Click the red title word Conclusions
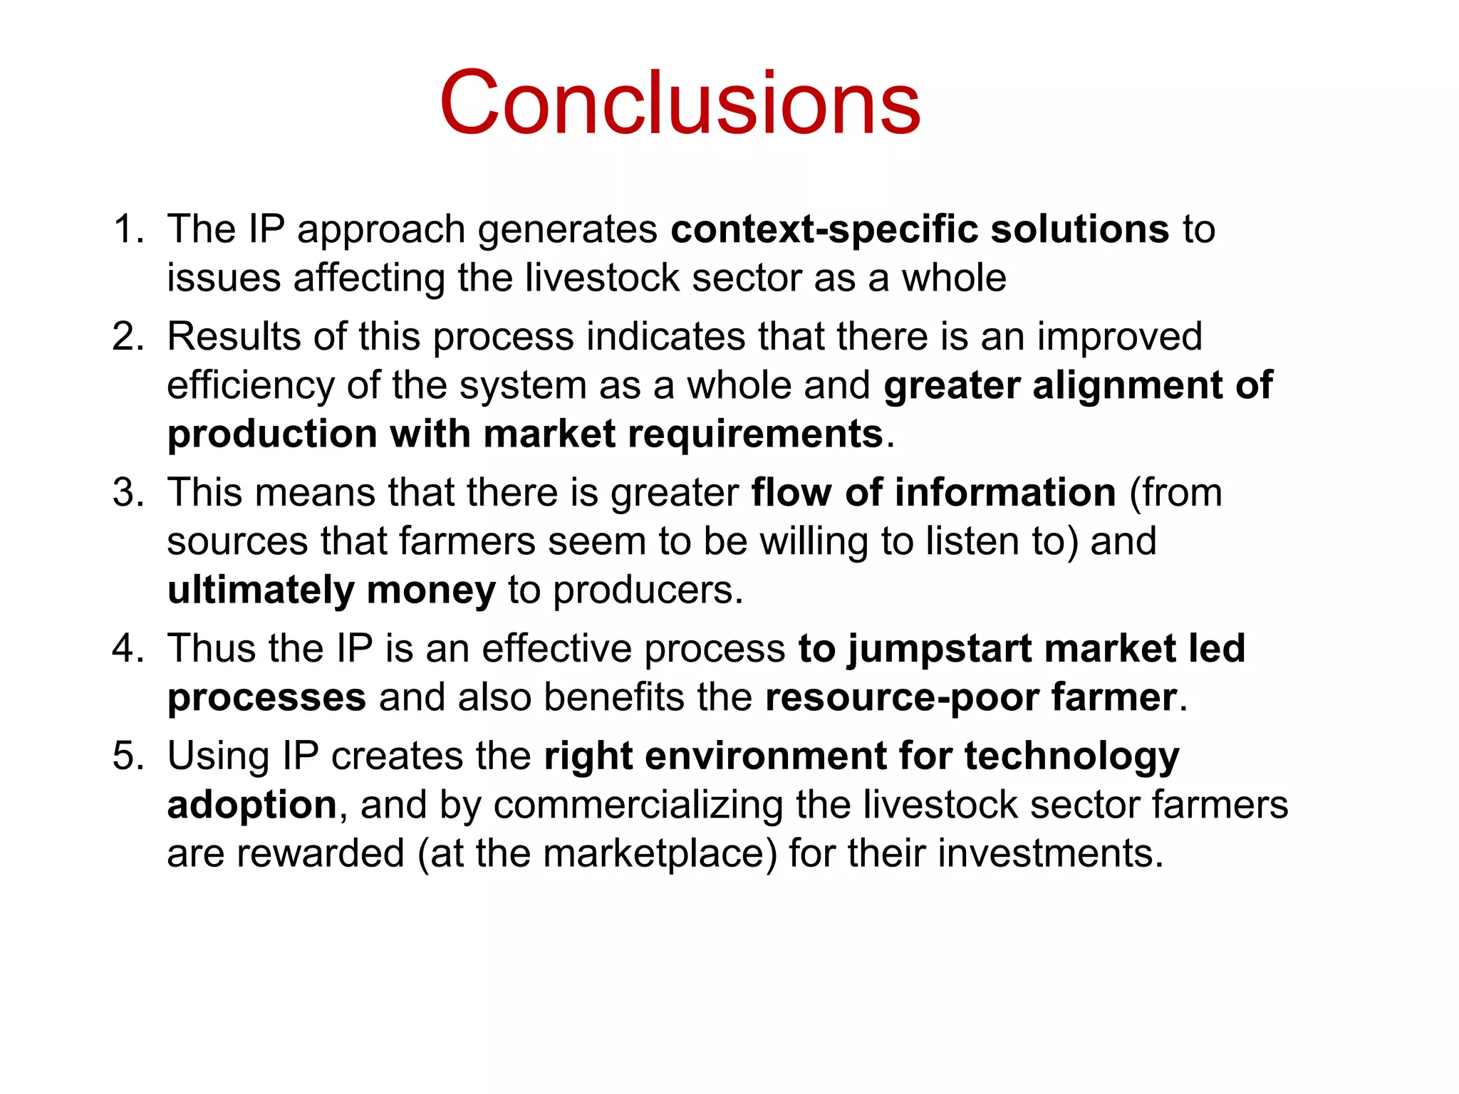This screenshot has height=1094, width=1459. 680,103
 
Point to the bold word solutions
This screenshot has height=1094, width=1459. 1080,229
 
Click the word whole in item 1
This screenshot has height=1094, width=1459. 954,278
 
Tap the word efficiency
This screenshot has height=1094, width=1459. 250,386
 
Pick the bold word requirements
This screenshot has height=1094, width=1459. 754,434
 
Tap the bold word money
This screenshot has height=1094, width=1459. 430,590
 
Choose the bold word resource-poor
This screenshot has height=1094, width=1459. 901,698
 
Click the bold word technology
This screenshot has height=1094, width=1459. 1071,757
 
